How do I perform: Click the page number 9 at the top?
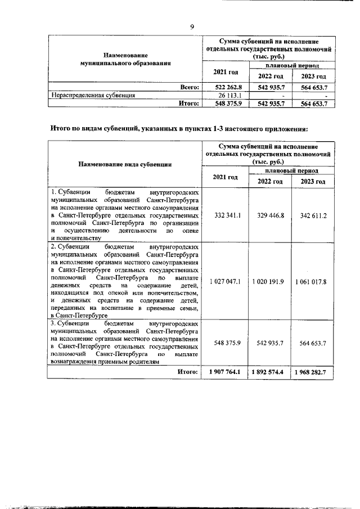pos(192,26)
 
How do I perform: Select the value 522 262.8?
pos(225,87)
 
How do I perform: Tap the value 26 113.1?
pos(225,96)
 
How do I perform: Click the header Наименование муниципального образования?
pos(125,59)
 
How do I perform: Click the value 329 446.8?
pos(269,215)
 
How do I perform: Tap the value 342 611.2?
pos(313,215)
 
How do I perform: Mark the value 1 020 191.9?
pos(269,281)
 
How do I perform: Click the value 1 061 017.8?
pos(313,281)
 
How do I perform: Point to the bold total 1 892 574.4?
pos(269,372)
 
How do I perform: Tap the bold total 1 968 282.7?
pos(313,372)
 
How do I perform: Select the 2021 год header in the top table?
pos(225,72)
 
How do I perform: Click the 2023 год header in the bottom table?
pos(313,181)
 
